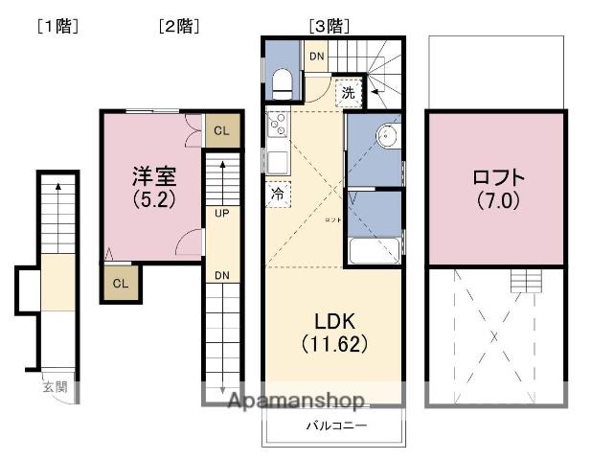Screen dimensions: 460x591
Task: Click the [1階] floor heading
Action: [x=57, y=27]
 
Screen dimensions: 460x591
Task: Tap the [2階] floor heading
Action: [x=178, y=27]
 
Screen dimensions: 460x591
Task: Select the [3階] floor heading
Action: [x=329, y=27]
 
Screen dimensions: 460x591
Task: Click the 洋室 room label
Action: [x=154, y=176]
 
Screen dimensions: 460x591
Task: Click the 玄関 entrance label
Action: [x=54, y=387]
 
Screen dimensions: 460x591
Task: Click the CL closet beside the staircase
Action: [x=220, y=131]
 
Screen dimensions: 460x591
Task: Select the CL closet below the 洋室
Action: [x=121, y=283]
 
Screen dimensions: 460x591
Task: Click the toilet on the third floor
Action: [x=284, y=82]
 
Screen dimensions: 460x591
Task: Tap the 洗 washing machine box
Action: [x=349, y=94]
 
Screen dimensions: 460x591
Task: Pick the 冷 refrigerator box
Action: [x=278, y=193]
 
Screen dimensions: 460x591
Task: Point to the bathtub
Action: [x=375, y=253]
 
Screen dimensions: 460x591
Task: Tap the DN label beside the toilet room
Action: [x=316, y=57]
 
